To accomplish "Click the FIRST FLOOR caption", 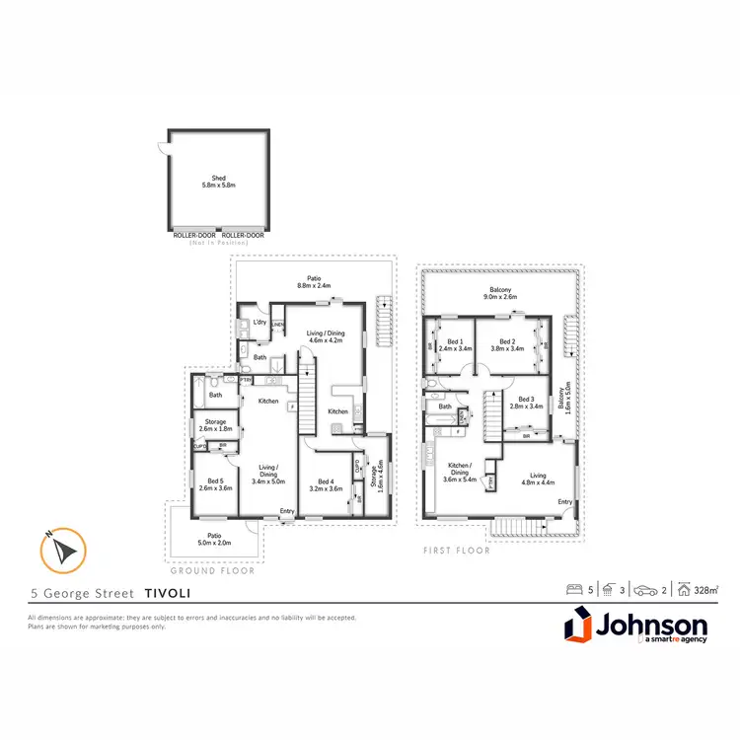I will [456, 551].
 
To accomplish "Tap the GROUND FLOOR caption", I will [213, 570].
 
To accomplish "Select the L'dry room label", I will [260, 323].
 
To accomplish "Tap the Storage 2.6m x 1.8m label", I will [215, 425].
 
